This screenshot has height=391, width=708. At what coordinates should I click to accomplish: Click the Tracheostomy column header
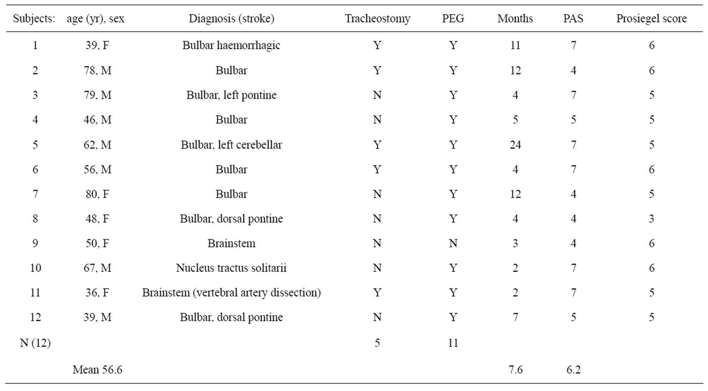[x=377, y=19]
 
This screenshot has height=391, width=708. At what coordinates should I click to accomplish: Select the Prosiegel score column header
[x=651, y=18]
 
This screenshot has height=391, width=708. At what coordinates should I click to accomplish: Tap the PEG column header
[x=453, y=18]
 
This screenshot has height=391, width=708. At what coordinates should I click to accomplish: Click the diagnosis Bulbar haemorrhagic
[x=231, y=45]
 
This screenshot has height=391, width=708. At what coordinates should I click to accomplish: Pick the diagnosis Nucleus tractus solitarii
[x=231, y=268]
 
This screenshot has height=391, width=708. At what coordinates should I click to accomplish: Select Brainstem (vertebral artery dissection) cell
[x=231, y=293]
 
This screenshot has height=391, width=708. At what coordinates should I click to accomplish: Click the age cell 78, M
[x=97, y=70]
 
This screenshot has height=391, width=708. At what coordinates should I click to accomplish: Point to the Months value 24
[x=515, y=145]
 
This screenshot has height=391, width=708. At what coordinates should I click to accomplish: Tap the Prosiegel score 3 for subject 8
[x=651, y=219]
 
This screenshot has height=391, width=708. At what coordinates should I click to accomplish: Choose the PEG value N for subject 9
[x=453, y=243]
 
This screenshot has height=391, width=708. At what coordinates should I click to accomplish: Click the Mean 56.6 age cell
[x=97, y=370]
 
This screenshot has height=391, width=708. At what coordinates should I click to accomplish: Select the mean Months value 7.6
[x=515, y=370]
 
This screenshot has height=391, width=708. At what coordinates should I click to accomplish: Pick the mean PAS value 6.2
[x=573, y=370]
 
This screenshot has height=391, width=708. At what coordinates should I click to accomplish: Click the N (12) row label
[x=35, y=343]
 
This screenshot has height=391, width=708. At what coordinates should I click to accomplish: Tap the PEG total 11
[x=453, y=343]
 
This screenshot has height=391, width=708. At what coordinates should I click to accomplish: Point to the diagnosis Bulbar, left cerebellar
[x=231, y=145]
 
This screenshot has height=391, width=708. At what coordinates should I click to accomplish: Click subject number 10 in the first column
[x=35, y=268]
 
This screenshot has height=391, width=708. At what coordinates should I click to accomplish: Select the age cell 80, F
[x=97, y=194]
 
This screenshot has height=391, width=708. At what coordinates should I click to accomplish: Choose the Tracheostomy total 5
[x=377, y=343]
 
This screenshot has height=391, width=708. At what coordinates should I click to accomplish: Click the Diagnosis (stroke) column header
[x=231, y=19]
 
